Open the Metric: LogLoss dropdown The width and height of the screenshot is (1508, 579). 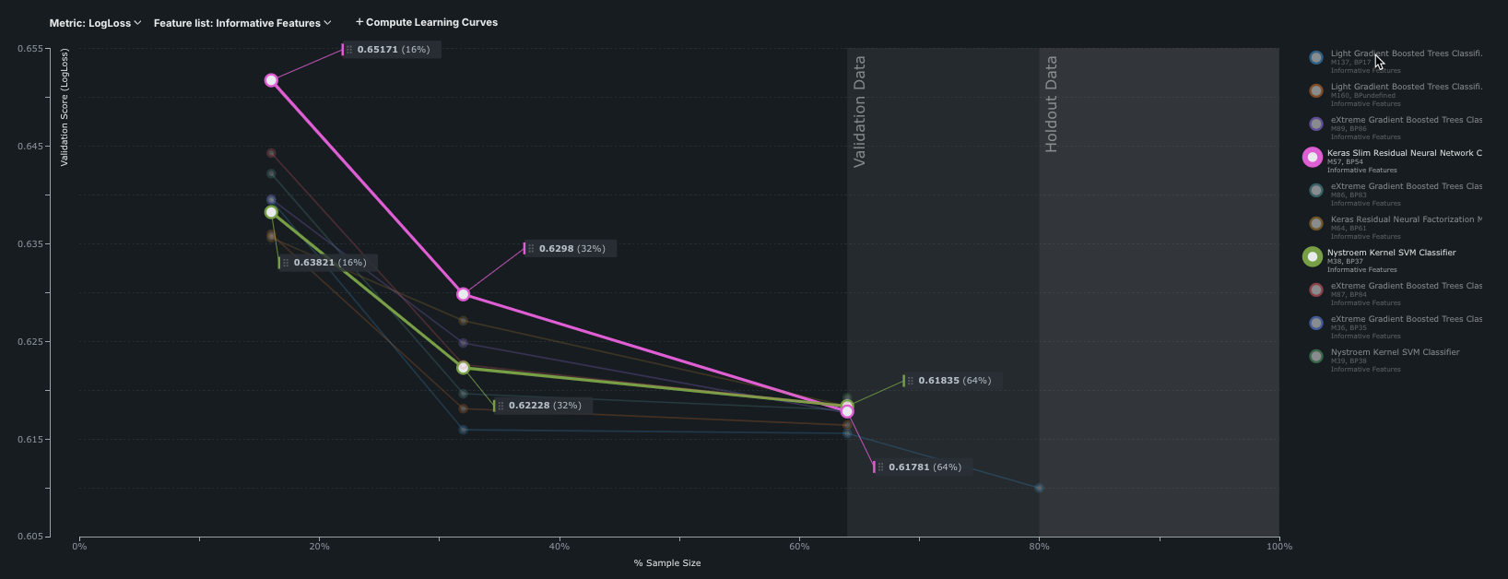coord(95,23)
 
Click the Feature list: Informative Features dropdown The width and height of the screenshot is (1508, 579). coord(242,23)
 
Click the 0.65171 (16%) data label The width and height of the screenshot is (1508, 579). coord(393,50)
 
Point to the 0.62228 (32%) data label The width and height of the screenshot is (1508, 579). coord(544,406)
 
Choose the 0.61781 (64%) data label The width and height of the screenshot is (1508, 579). coord(925,467)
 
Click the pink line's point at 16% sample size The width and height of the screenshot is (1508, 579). coord(271,80)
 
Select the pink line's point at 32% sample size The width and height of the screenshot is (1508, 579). coord(464,294)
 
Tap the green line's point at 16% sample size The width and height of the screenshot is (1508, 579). coord(271,212)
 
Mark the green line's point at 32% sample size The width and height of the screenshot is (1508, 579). coord(464,368)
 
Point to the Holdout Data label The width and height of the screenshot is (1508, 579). coord(1051,104)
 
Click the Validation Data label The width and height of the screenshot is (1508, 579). coord(859,112)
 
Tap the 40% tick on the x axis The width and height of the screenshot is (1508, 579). coord(559,547)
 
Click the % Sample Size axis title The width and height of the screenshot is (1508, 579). coord(666,563)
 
